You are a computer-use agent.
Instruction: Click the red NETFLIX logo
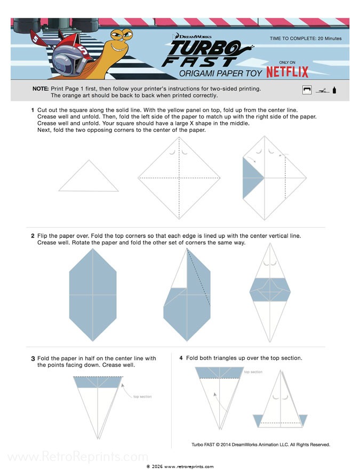click(287, 72)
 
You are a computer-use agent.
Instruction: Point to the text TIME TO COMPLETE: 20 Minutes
click(306, 38)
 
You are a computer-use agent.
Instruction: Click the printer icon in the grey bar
click(307, 90)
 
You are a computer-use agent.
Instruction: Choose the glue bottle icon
click(334, 90)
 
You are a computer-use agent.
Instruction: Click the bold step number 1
click(33, 109)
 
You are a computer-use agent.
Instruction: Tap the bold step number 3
click(33, 359)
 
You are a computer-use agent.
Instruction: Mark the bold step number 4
click(181, 358)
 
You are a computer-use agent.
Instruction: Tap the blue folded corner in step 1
click(252, 179)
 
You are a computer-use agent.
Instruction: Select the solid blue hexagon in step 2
click(93, 294)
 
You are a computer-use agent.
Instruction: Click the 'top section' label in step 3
click(142, 397)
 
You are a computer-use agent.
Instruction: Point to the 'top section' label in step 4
click(253, 372)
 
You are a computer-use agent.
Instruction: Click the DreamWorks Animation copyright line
click(261, 444)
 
